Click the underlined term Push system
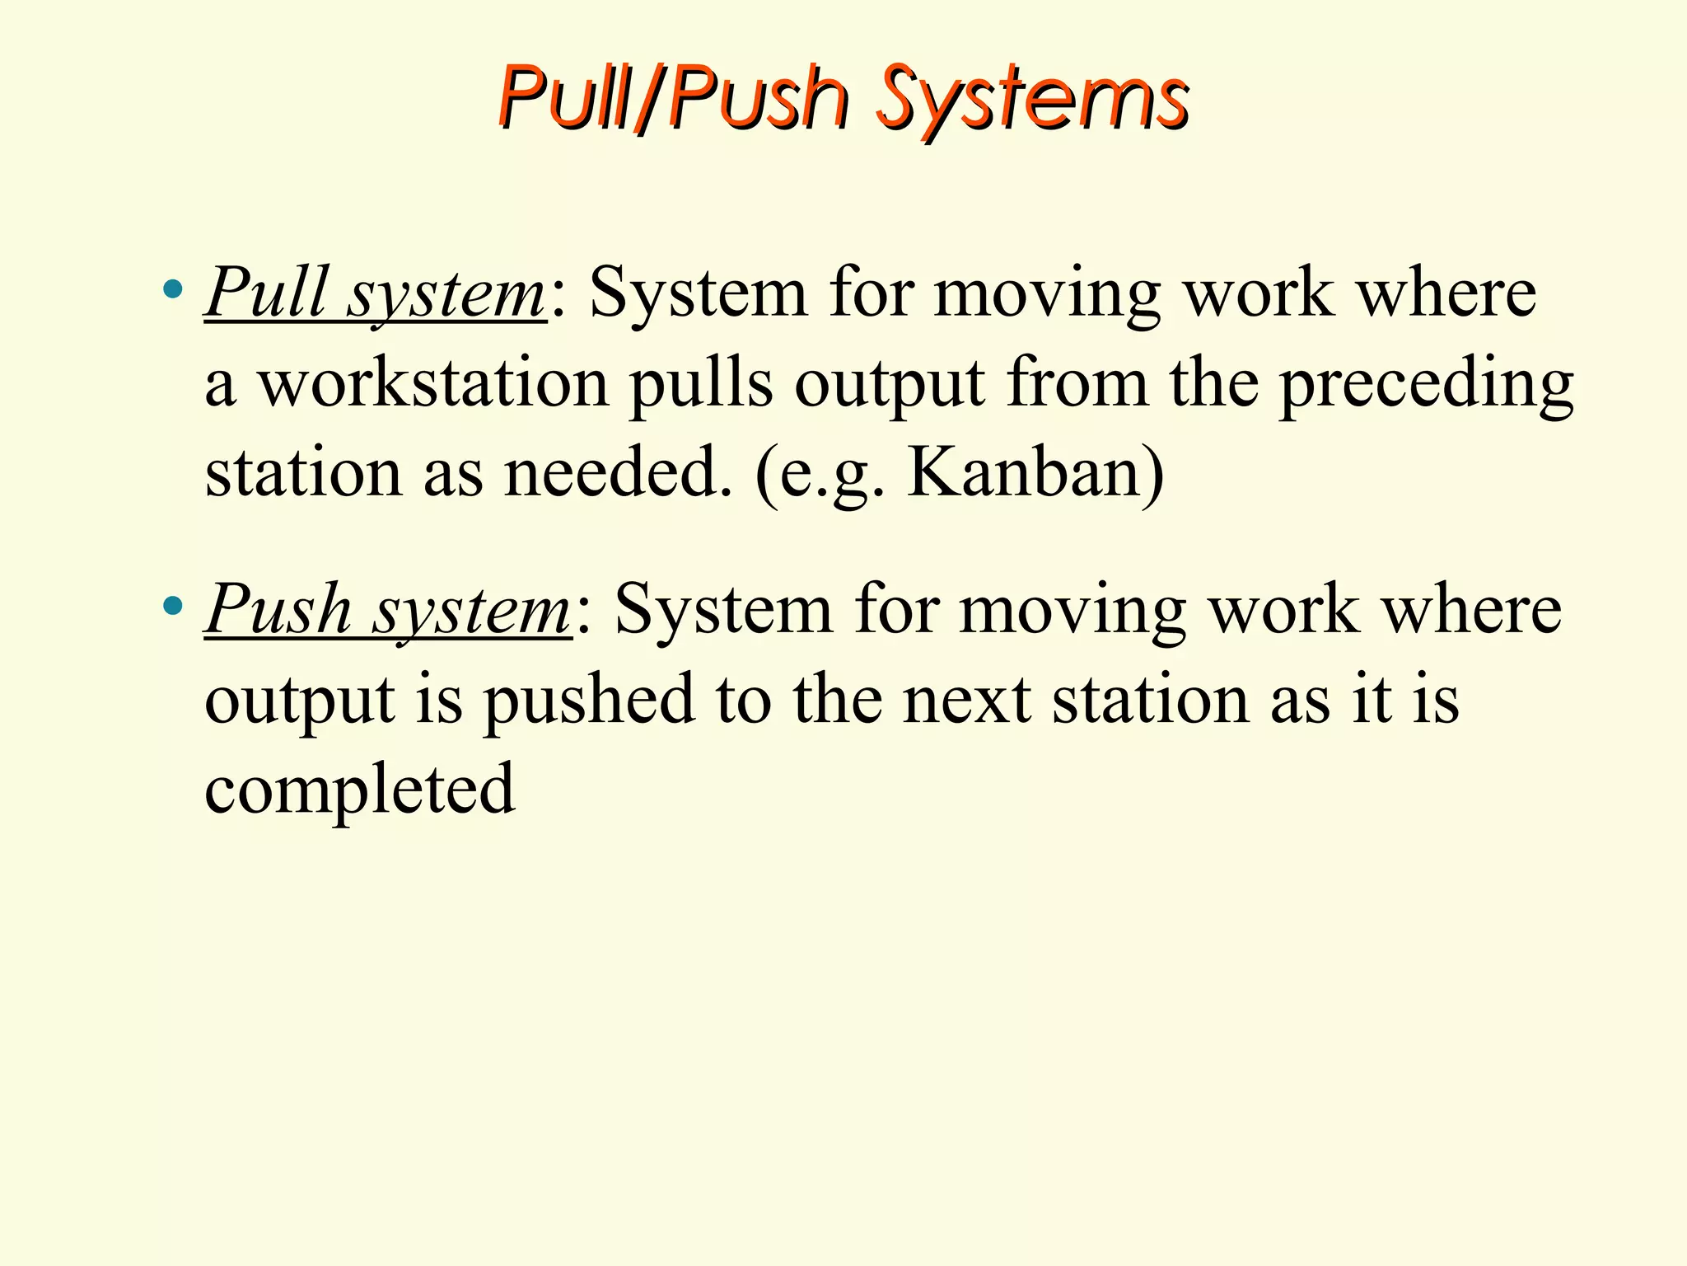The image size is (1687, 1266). tap(387, 610)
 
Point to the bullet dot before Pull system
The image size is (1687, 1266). tap(172, 289)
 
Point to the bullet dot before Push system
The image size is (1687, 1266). tap(172, 607)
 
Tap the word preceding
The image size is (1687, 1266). tap(1426, 386)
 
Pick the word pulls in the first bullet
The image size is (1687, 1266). tap(701, 385)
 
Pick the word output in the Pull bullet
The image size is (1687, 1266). tap(890, 386)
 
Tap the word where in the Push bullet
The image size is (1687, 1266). tap(1471, 610)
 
